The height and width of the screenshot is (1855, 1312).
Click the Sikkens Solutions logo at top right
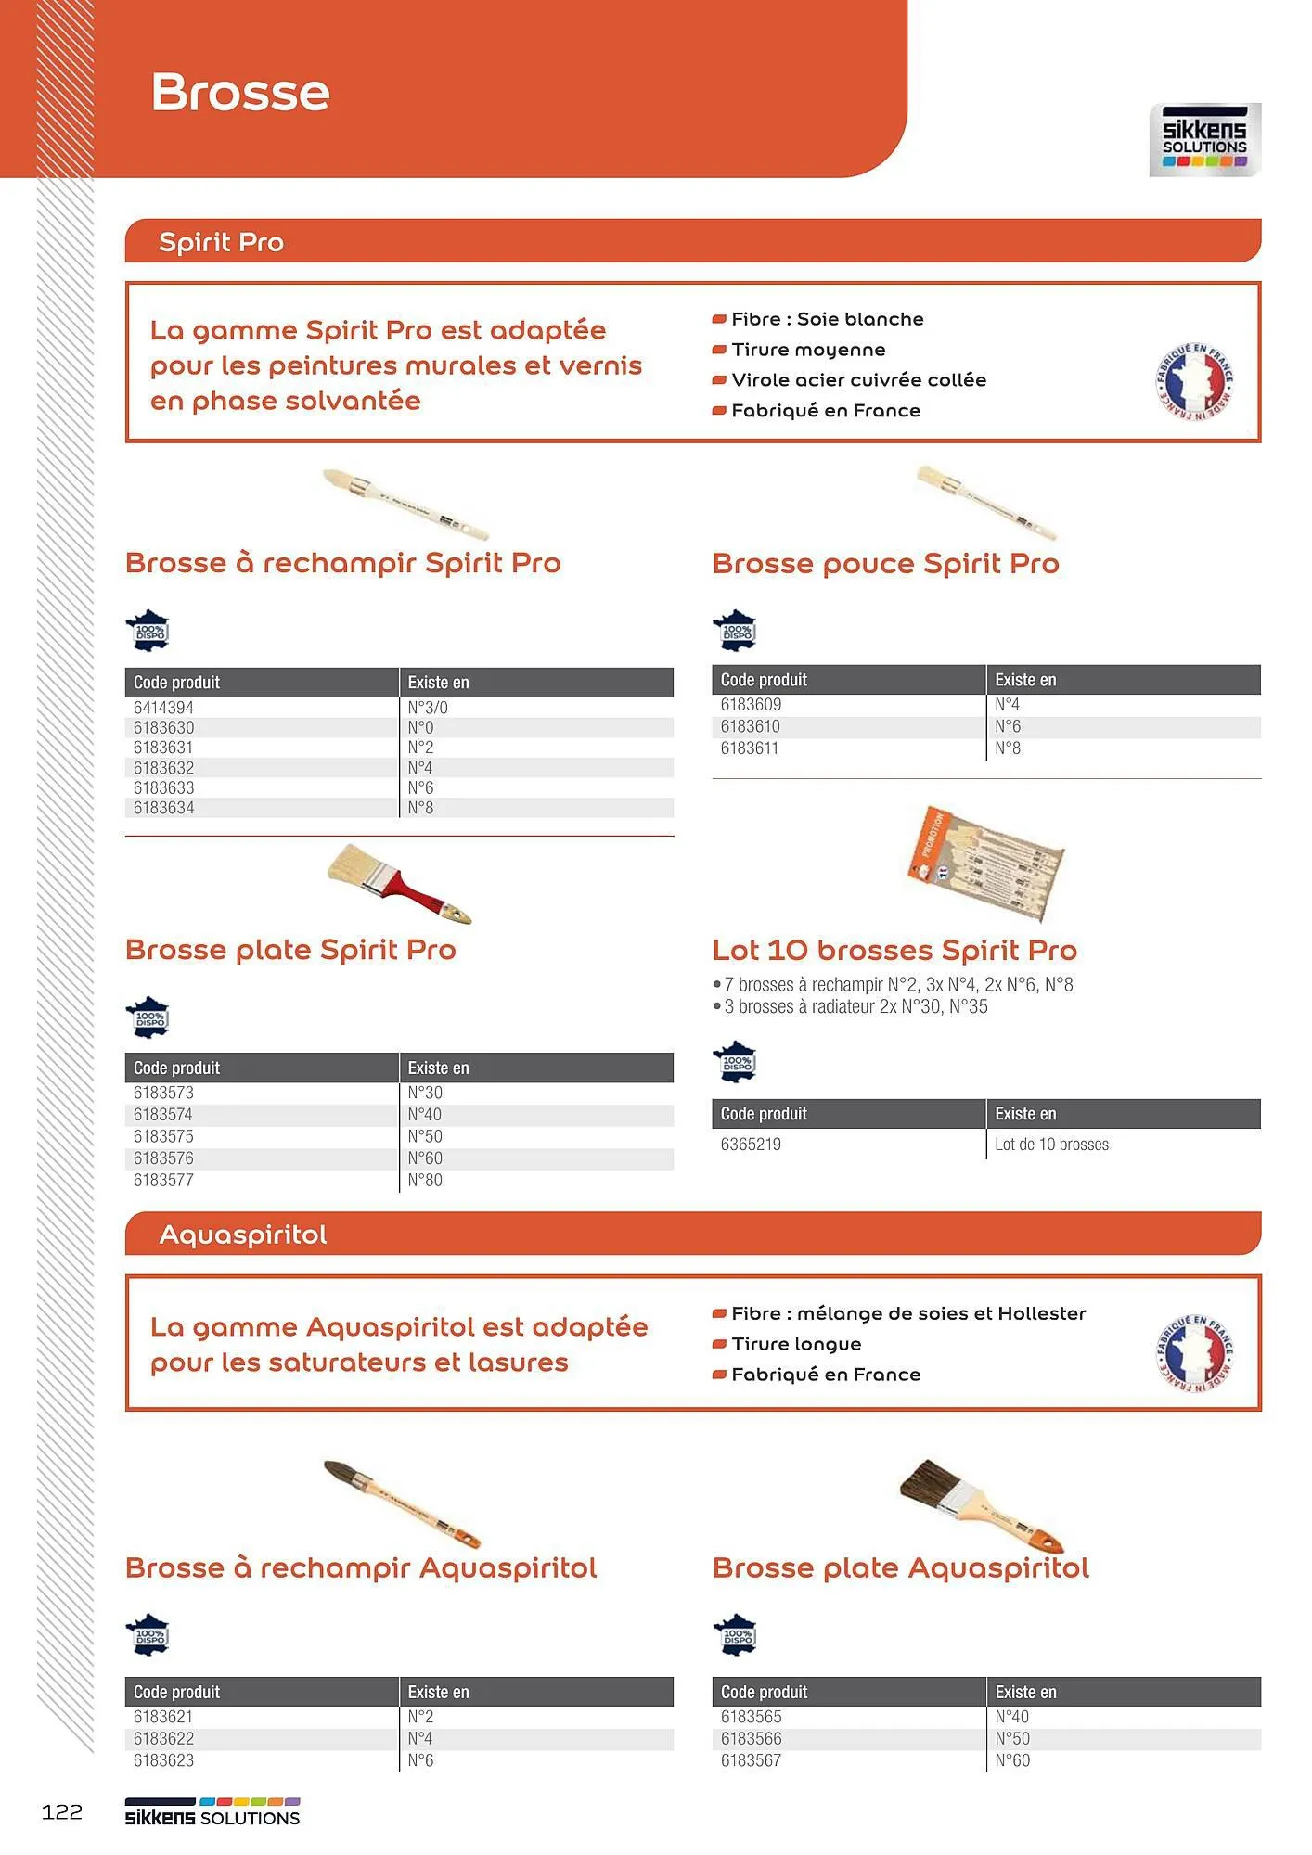click(1204, 140)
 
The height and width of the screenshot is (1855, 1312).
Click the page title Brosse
click(240, 93)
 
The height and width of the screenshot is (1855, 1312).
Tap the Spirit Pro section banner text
click(221, 242)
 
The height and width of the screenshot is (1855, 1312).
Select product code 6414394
click(164, 708)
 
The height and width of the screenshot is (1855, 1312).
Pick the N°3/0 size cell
click(428, 708)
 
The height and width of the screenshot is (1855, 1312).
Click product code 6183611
click(750, 748)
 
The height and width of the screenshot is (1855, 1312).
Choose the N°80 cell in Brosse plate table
click(425, 1180)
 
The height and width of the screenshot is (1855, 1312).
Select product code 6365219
click(751, 1145)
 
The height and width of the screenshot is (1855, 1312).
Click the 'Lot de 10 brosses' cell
click(1051, 1145)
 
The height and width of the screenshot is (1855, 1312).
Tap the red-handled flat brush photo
click(399, 884)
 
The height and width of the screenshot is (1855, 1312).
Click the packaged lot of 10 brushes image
click(985, 863)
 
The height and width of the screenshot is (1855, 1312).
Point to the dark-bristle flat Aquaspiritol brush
click(982, 1505)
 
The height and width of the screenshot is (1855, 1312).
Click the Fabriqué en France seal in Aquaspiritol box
click(1194, 1353)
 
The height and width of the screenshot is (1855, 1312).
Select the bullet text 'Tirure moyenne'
click(808, 350)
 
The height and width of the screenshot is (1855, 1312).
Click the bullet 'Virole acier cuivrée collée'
click(858, 380)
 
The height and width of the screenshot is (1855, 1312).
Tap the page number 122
click(62, 1811)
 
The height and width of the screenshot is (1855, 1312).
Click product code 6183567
click(751, 1760)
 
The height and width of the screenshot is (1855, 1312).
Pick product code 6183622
click(164, 1738)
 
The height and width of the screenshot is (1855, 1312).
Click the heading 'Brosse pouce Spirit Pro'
click(885, 564)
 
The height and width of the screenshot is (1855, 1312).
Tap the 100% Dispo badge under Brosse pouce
click(736, 631)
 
